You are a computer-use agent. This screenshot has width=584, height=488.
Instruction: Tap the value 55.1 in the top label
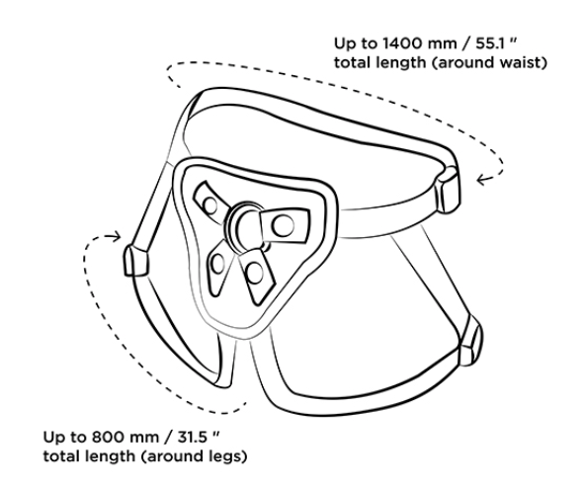(489, 43)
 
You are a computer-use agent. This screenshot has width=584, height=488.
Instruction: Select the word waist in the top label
(519, 62)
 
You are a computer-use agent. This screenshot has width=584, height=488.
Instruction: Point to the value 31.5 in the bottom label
(192, 437)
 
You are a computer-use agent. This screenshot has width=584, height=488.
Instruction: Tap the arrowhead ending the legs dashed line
(116, 236)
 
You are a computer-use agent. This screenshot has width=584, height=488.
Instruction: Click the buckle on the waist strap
(448, 190)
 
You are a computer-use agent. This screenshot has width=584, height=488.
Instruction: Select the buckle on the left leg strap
(135, 261)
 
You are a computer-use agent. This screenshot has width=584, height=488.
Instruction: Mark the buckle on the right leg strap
(471, 341)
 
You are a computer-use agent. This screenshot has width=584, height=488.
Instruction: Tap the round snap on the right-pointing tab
(283, 225)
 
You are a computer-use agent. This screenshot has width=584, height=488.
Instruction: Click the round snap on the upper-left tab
(210, 205)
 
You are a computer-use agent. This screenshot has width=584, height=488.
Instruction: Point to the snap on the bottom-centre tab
(254, 273)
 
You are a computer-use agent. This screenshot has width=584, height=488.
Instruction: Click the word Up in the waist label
(344, 44)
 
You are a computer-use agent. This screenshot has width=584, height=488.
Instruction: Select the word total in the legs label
(59, 456)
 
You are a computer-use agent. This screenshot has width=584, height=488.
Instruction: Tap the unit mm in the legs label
(144, 438)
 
